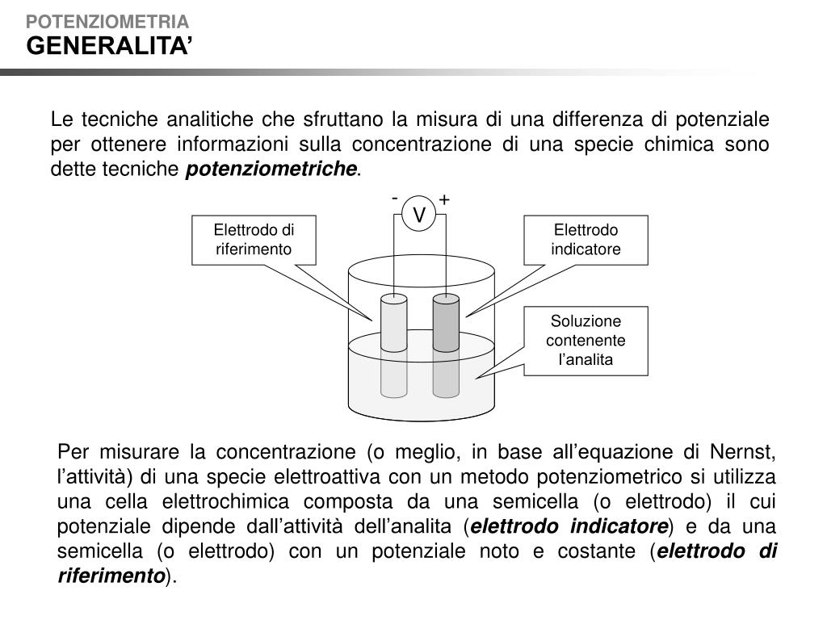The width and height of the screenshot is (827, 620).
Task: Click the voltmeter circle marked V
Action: click(x=419, y=215)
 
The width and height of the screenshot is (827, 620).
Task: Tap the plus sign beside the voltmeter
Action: click(x=444, y=199)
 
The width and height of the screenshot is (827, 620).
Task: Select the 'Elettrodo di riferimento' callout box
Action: click(x=253, y=240)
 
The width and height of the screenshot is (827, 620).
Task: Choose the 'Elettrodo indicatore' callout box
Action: click(x=586, y=240)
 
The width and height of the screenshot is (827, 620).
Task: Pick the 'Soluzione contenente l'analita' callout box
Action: click(x=586, y=341)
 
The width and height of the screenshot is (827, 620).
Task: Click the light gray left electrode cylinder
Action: click(x=394, y=323)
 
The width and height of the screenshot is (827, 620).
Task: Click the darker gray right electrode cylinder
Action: click(x=446, y=323)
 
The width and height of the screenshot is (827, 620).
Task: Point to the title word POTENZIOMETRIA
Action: click(x=107, y=21)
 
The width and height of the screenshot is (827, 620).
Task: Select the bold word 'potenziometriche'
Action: click(x=271, y=170)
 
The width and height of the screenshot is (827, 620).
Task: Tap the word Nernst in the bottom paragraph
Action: click(x=743, y=450)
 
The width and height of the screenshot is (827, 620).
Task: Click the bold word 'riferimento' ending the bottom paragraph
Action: click(x=111, y=576)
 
